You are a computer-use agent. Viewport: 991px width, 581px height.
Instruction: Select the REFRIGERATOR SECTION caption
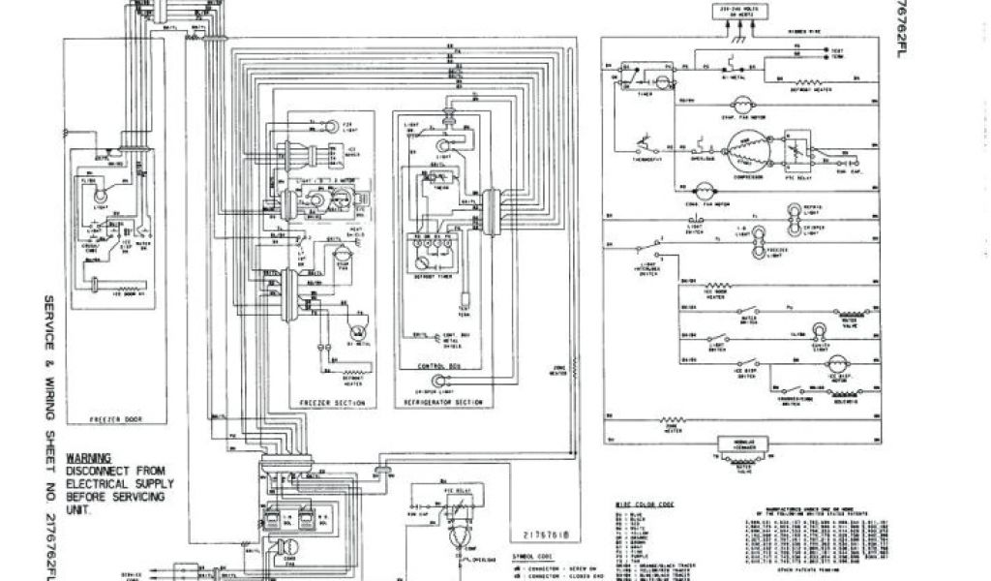[x=443, y=400]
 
